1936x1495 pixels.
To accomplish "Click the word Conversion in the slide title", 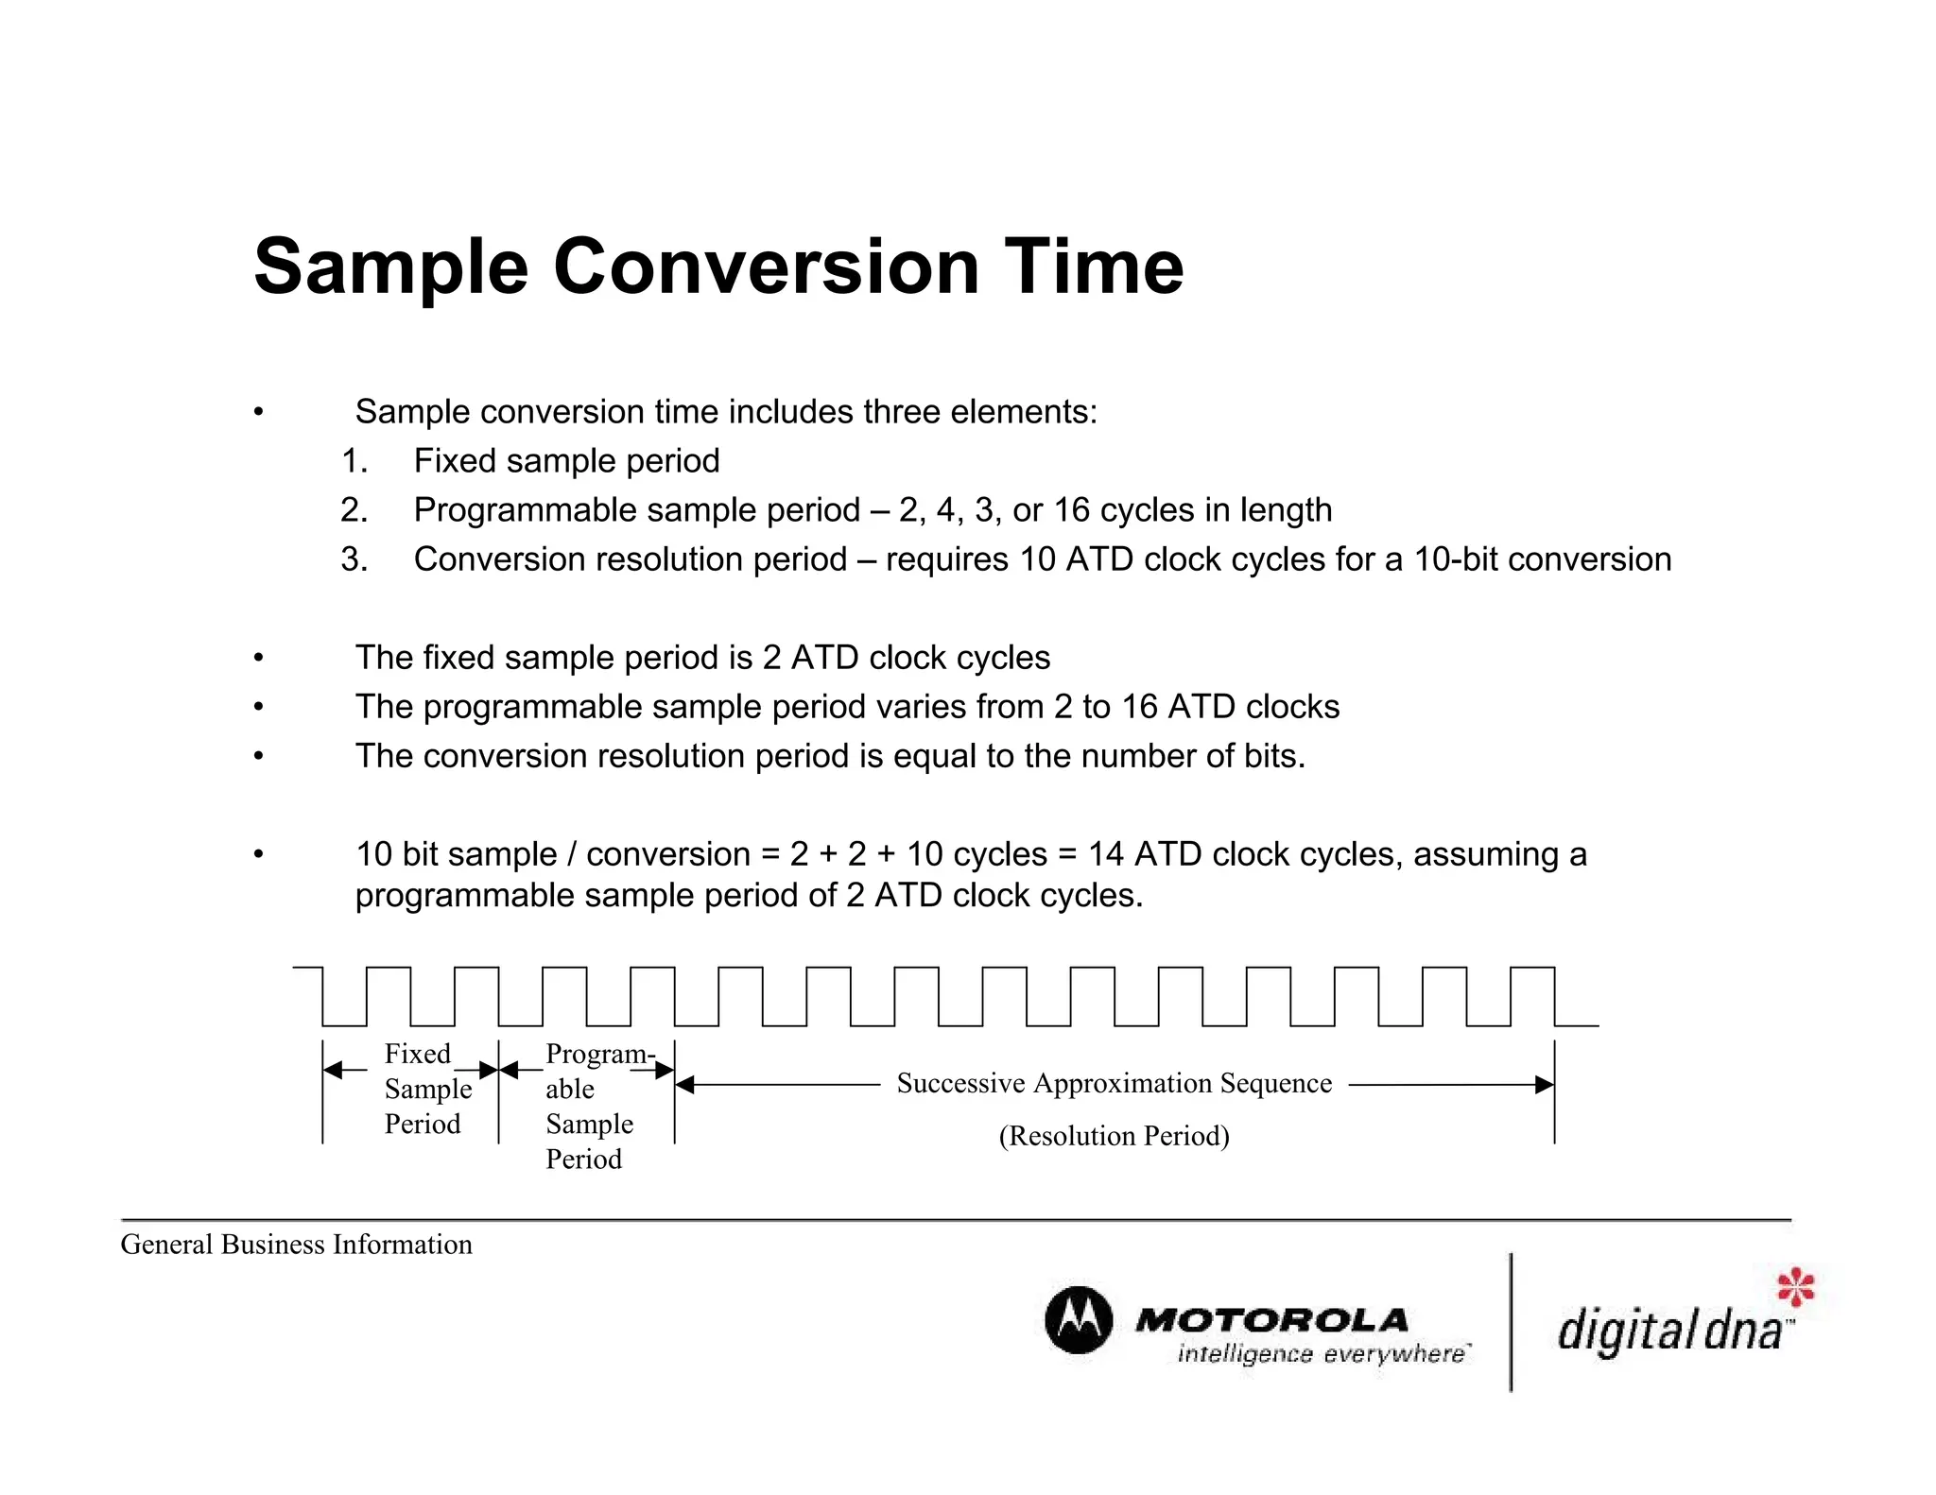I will coord(766,267).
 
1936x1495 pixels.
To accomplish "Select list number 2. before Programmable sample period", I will coord(354,510).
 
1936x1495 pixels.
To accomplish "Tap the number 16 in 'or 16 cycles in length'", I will coord(1072,510).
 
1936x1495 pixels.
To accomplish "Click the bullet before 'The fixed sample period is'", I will coord(258,658).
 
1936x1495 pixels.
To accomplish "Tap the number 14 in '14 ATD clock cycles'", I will coord(1106,854).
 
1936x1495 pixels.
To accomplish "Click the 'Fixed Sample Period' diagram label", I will coord(425,1089).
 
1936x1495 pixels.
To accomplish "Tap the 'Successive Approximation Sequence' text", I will coord(1114,1083).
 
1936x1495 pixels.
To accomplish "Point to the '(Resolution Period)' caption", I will coord(1114,1136).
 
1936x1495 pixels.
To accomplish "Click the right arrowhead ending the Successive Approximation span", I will coord(1545,1085).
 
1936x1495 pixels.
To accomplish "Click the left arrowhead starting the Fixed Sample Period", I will coord(333,1071).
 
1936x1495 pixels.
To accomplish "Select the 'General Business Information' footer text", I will coord(296,1245).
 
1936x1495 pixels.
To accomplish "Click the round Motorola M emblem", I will coord(1078,1320).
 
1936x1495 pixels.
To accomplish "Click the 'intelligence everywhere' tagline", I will coord(1321,1354).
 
